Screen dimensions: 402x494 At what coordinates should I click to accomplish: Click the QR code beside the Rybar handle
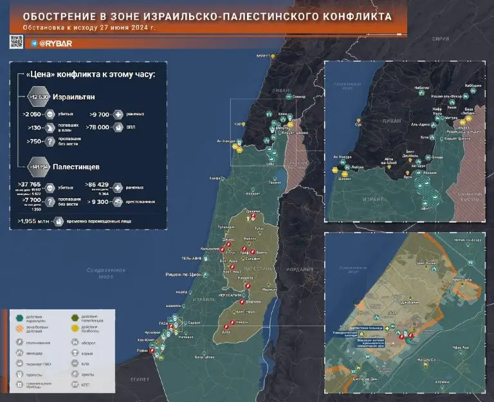point(16,42)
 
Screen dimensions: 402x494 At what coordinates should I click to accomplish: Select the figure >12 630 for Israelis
point(39,97)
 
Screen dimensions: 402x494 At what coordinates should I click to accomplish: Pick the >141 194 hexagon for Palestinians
point(38,167)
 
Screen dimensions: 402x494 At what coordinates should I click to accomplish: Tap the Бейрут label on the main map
point(263,57)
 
